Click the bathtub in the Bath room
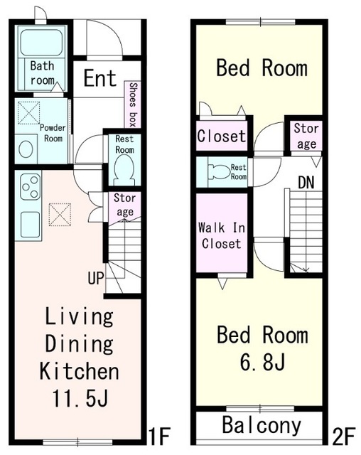point(41,43)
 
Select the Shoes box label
point(133,105)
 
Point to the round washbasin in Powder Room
point(26,149)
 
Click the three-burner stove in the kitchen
point(30,186)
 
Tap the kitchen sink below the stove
point(30,225)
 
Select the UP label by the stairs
point(96,278)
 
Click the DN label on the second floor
point(306,183)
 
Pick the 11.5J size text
point(80,398)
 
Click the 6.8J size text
point(263,362)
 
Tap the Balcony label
point(262,425)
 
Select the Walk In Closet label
point(222,235)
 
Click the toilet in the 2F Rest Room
point(219,171)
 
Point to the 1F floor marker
point(159,436)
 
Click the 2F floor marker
point(344,437)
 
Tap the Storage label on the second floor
point(306,136)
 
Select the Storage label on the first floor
point(124,205)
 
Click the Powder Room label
point(53,133)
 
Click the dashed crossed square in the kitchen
point(60,215)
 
